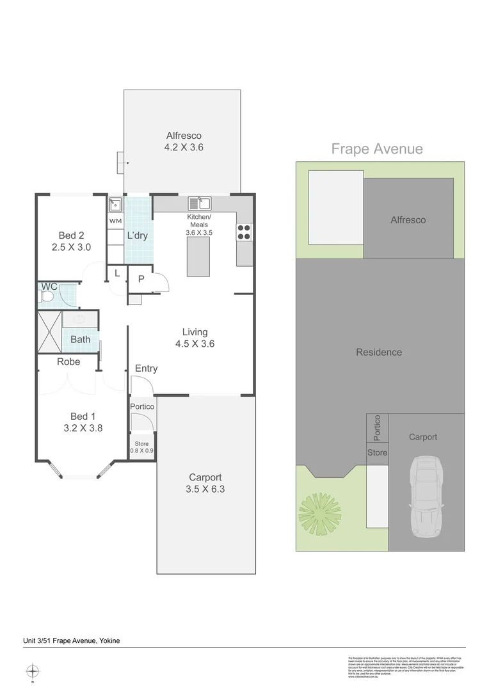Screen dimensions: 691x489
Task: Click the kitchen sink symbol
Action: click(x=200, y=204)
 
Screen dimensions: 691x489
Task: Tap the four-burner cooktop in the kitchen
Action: click(x=244, y=232)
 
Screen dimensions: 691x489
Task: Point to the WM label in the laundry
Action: click(x=115, y=221)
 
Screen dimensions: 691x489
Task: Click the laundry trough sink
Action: click(x=115, y=205)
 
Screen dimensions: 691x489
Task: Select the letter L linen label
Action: click(x=116, y=273)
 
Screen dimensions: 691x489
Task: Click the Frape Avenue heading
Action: click(x=377, y=149)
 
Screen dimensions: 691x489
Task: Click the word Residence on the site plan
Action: click(x=379, y=352)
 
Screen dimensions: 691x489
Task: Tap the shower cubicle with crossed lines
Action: click(x=50, y=332)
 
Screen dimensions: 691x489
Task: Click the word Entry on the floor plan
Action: click(x=146, y=369)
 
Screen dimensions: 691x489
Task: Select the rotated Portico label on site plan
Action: click(x=377, y=429)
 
